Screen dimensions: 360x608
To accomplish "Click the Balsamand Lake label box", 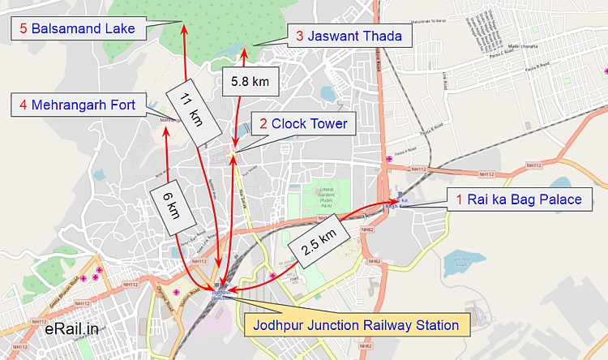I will [79, 29].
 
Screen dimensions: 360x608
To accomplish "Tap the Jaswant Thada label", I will [349, 36].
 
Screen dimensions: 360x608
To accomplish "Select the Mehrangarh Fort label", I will [79, 104].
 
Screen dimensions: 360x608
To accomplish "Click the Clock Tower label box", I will [303, 124].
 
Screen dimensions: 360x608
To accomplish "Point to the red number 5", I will [23, 29].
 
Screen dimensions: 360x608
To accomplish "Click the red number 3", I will [300, 36].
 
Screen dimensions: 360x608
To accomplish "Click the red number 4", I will [23, 104].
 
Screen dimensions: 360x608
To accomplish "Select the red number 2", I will [263, 124].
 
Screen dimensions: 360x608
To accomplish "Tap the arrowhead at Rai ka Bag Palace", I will [396, 199].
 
